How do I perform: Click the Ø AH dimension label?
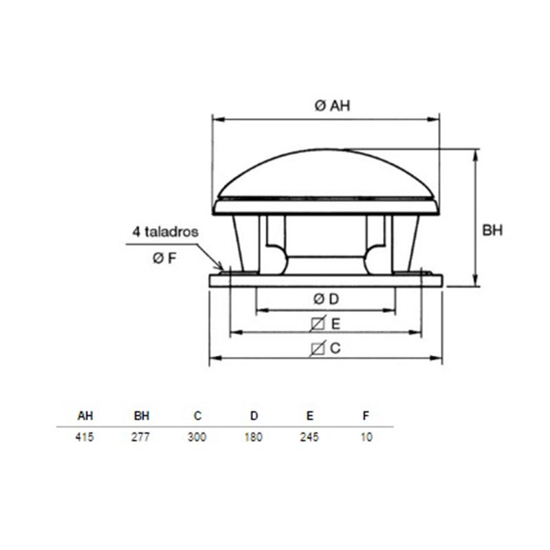coord(332,105)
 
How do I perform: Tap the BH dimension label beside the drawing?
coord(492,230)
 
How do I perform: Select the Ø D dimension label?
coord(326,299)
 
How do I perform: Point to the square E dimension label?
coord(325,323)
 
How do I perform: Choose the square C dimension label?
coord(325,349)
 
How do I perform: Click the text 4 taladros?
coord(165,232)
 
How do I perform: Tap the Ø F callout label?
coord(164,258)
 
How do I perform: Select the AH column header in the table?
coord(85,416)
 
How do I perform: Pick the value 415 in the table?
coord(85,437)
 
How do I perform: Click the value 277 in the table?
coord(140,437)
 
